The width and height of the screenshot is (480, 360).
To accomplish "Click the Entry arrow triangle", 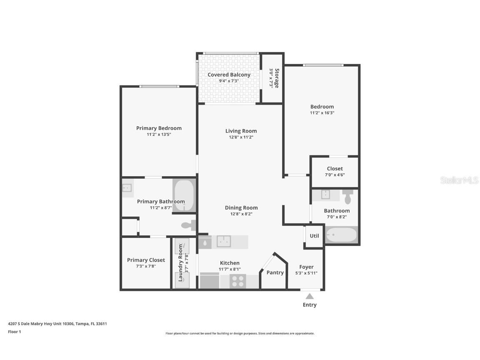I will click(310, 296).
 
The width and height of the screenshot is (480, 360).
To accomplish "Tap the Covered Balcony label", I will click(229, 75).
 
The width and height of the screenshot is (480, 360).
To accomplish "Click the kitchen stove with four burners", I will click(238, 281).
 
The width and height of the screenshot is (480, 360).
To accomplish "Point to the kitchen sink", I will click(224, 241).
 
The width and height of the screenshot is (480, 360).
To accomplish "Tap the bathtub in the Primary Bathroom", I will click(184, 195).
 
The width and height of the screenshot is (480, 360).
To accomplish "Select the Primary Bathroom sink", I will click(127, 188).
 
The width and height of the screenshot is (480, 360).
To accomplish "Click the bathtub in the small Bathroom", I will click(341, 235).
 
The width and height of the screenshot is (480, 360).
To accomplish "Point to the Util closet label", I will click(314, 236).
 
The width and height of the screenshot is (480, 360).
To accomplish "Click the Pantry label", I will click(275, 272).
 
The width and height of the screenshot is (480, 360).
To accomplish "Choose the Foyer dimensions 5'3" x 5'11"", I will click(306, 273).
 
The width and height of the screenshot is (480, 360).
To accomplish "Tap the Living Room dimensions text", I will click(241, 137).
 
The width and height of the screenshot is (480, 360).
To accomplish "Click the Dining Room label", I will click(241, 207).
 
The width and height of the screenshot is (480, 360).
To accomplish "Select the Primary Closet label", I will click(146, 260).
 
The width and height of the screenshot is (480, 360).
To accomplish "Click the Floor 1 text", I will click(14, 332).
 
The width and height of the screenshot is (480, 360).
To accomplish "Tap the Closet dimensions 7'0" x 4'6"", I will click(335, 175).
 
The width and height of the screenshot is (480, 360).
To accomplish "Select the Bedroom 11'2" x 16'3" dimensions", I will click(322, 112).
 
